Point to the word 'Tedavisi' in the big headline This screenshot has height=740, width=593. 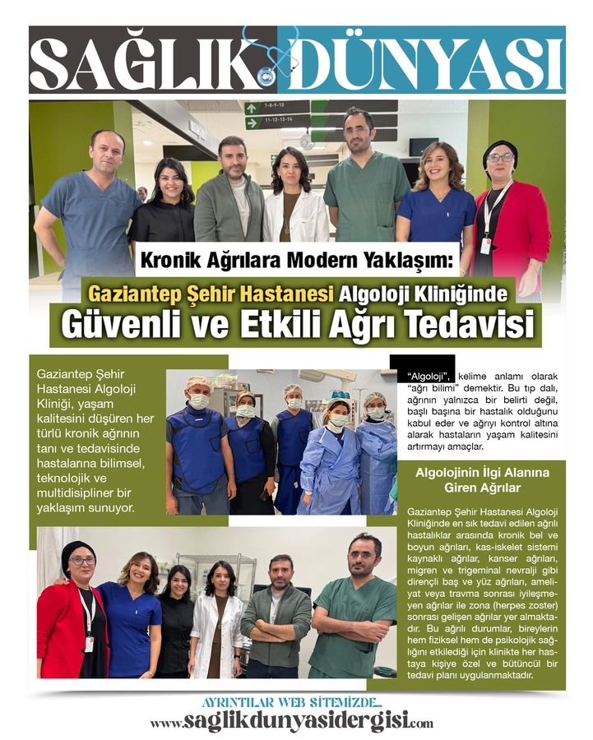coord(465,322)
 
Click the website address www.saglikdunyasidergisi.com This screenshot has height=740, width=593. coord(291,722)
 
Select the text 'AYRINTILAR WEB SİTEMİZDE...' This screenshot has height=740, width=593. coord(291,703)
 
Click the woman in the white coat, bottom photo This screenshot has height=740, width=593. coord(217,617)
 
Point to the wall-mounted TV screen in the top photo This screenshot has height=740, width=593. coord(423,147)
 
